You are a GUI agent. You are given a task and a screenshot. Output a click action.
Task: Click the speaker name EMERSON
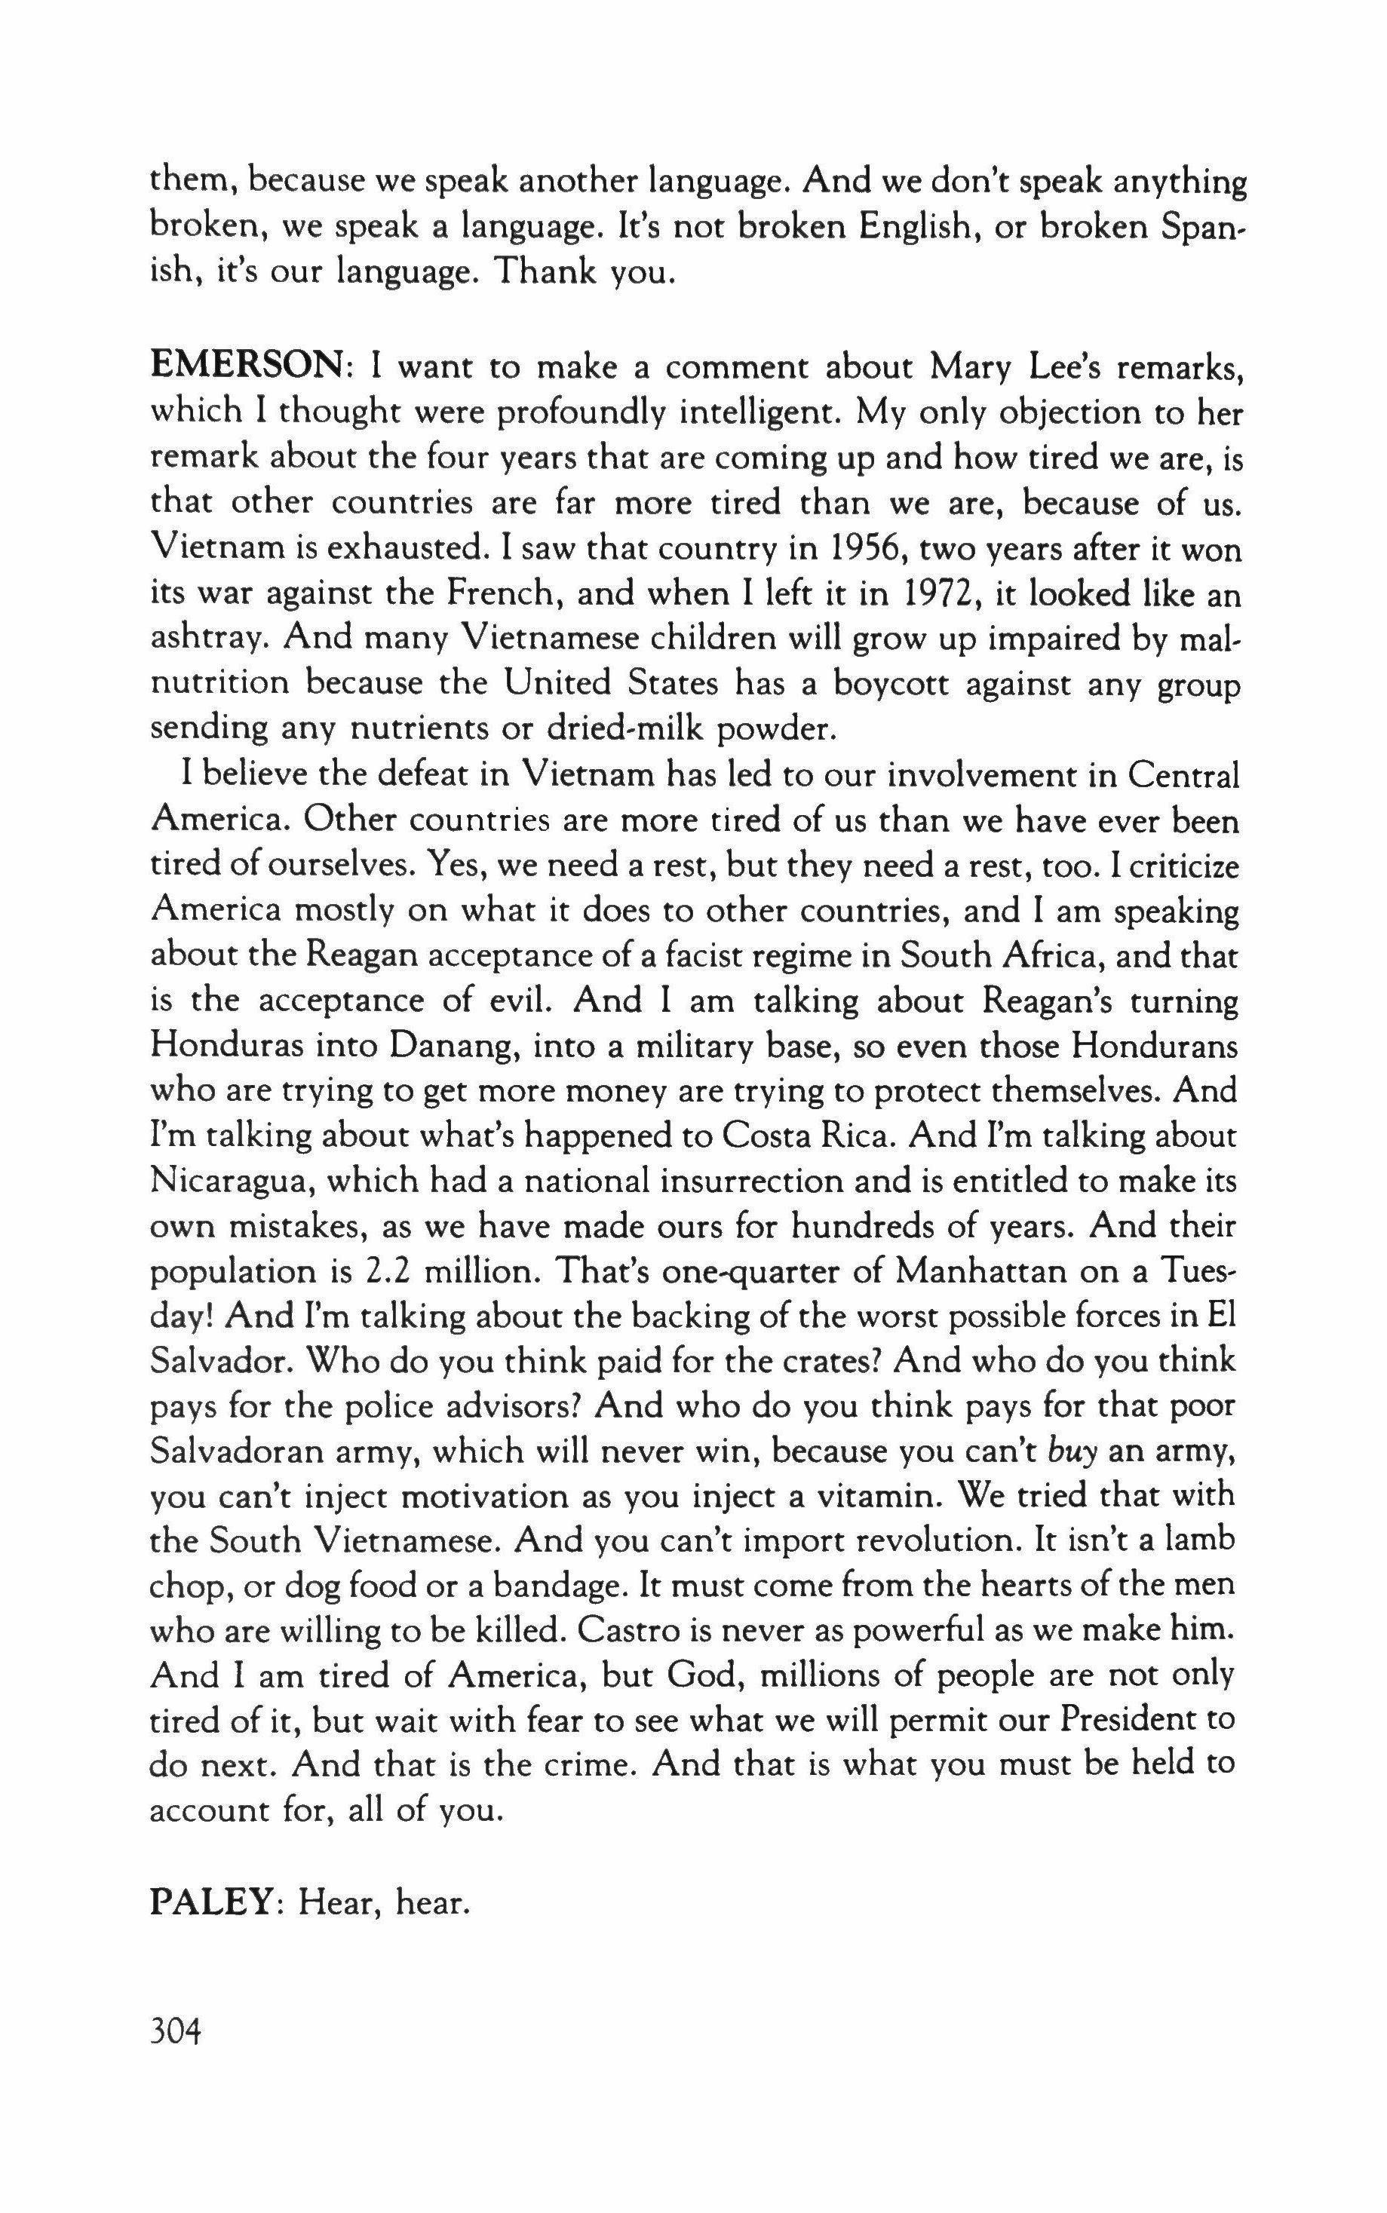pyautogui.click(x=246, y=367)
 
